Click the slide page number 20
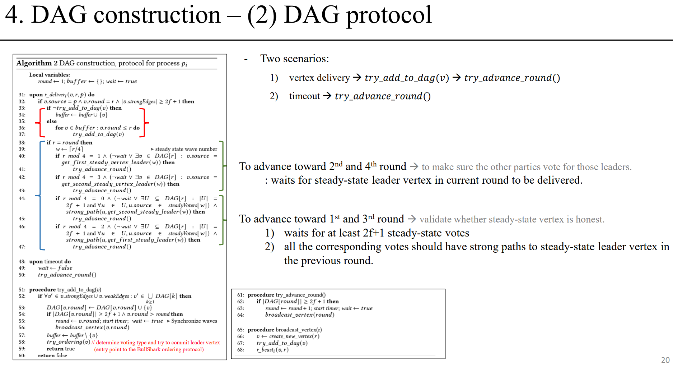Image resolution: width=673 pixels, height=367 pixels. tap(665, 360)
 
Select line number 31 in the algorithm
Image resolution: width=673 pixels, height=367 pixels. tap(22, 95)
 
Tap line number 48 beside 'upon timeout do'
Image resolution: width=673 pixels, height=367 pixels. tap(22, 262)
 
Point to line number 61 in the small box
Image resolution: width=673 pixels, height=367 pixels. tap(240, 295)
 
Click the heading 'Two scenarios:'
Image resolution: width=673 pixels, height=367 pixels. tap(294, 59)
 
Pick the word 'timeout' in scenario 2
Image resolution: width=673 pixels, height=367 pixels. tap(304, 96)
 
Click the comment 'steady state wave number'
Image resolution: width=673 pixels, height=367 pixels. tap(186, 149)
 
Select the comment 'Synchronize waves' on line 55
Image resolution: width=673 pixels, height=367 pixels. tap(194, 321)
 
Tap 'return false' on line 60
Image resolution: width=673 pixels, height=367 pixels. tap(52, 355)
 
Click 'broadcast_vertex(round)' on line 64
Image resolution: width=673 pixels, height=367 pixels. tap(300, 315)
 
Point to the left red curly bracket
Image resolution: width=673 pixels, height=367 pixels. tap(39, 123)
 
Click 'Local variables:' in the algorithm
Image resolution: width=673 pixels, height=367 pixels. tap(50, 75)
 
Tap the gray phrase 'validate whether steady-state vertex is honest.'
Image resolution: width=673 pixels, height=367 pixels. tap(512, 219)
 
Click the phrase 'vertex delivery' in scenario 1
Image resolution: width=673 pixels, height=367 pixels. tap(319, 78)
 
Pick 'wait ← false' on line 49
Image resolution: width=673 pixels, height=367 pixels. tap(55, 268)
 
